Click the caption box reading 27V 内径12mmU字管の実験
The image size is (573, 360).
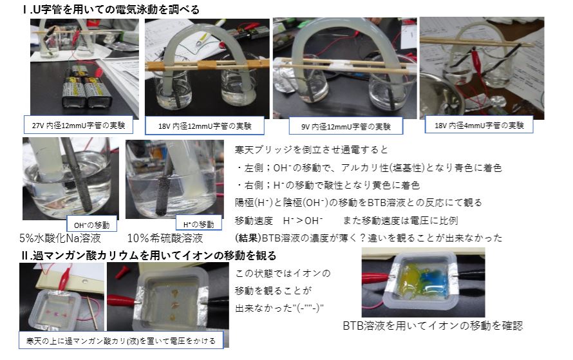coord(78,126)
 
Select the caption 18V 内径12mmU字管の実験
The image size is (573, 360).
coord(205,126)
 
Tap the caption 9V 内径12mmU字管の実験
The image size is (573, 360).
coord(346,126)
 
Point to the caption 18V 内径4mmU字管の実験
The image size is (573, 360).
coord(479,126)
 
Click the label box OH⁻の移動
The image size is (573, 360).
coord(91,225)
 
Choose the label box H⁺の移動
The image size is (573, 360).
coord(198,224)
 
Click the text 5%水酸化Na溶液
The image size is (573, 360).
coord(60,238)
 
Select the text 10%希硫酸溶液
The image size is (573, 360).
coord(165,238)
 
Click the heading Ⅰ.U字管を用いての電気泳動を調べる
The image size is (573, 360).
coord(111,10)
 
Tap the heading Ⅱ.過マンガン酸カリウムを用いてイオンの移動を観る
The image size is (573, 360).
coord(149,255)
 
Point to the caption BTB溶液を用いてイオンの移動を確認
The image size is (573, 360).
coord(433,325)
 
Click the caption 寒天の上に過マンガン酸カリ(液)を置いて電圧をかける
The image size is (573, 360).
coord(121,341)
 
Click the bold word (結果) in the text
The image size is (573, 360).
coord(249,238)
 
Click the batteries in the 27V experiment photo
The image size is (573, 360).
coord(83,88)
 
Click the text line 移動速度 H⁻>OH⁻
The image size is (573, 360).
coord(279,221)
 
